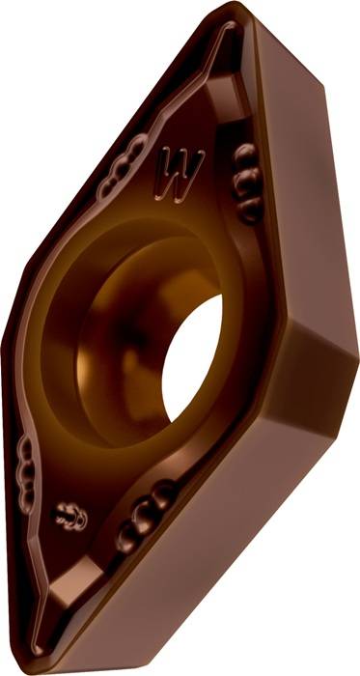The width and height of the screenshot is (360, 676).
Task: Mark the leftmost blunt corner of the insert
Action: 8,319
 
